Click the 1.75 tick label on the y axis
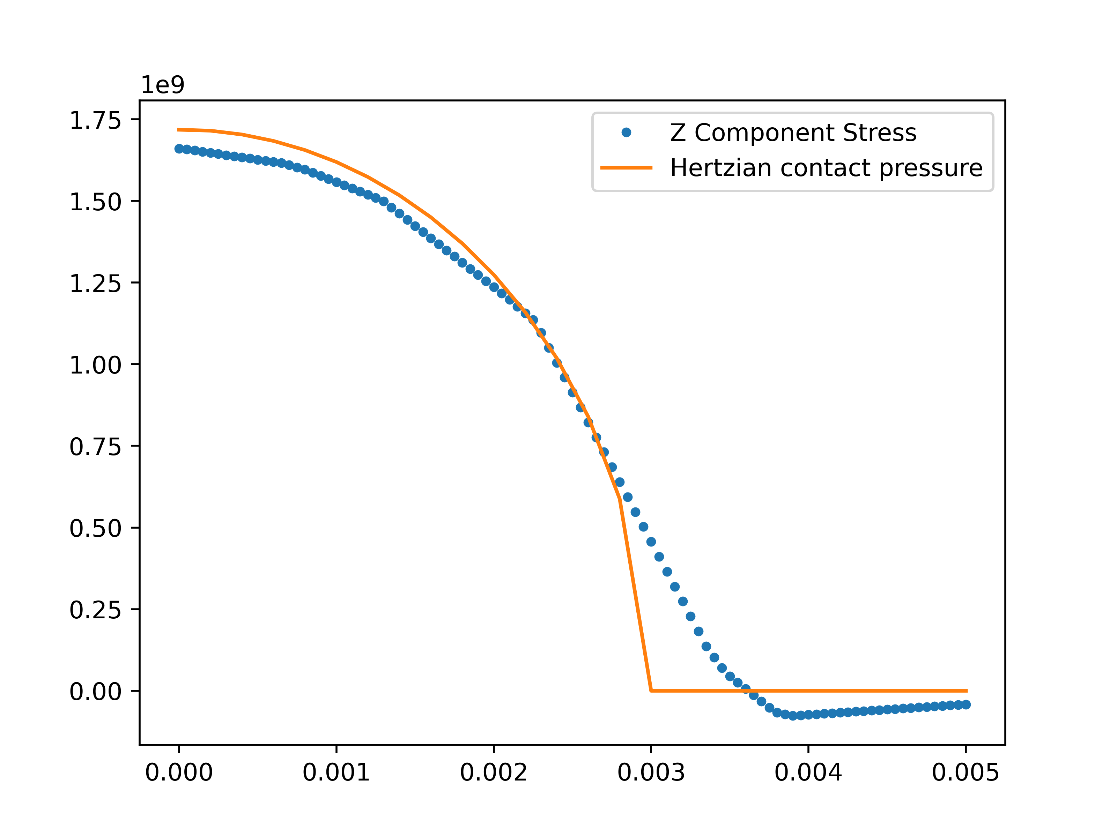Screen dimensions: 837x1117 [x=95, y=121]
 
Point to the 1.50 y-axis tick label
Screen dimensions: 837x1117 [x=95, y=203]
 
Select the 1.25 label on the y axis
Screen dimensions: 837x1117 [x=95, y=285]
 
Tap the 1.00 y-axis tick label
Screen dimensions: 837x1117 [x=95, y=366]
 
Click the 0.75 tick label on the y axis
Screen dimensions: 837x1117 [x=95, y=447]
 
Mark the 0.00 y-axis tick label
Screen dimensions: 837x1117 [x=95, y=692]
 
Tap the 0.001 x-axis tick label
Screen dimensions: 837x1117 [x=336, y=773]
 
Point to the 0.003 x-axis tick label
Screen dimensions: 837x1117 [x=651, y=773]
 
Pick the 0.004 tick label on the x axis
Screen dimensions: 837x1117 [x=808, y=773]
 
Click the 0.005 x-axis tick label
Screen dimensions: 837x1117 [x=966, y=773]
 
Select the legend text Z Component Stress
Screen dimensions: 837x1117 [x=793, y=133]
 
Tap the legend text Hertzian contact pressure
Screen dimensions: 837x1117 [x=826, y=168]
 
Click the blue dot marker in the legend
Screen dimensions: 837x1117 [x=626, y=133]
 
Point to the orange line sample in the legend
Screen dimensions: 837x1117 [x=626, y=167]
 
